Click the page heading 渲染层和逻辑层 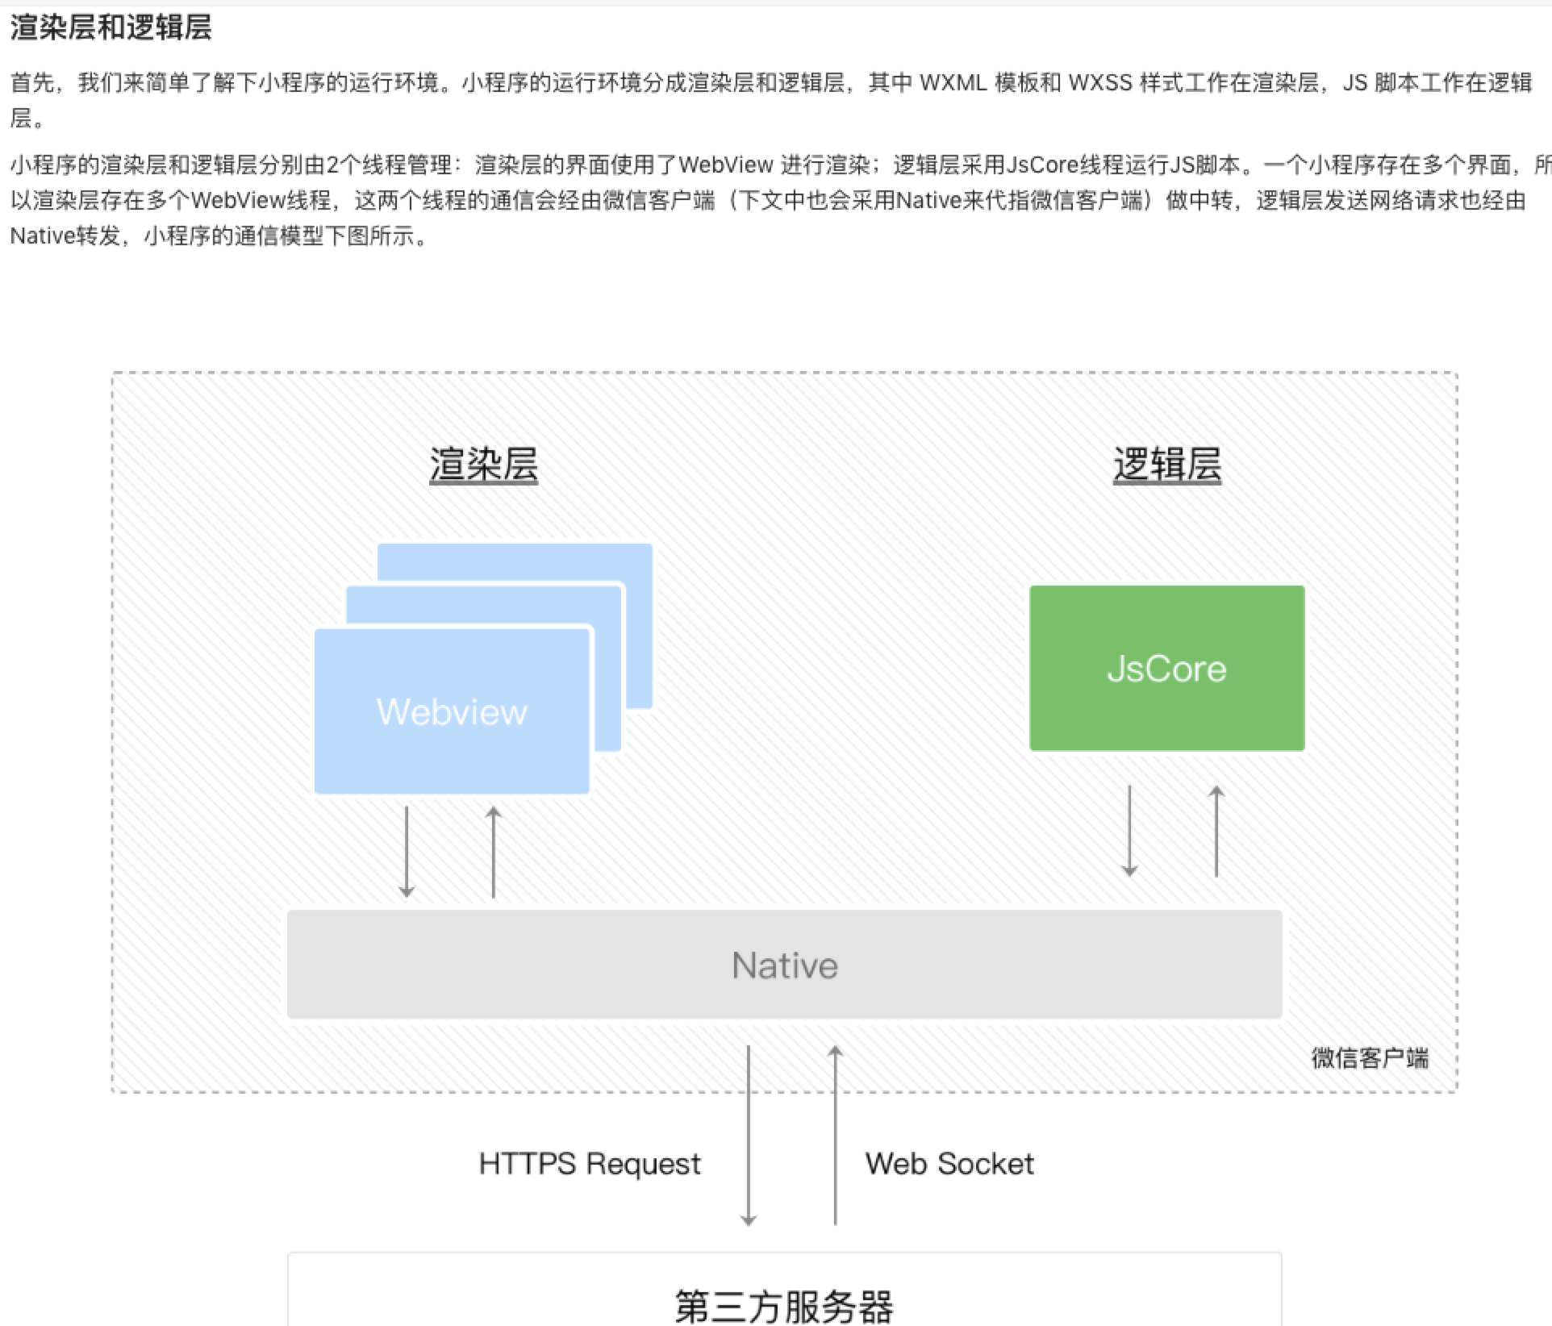(111, 27)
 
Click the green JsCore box (1166, 668)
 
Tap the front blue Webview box (452, 711)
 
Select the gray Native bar (784, 965)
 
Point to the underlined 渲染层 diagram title (483, 465)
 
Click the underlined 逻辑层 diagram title (1166, 465)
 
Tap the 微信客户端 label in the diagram (1370, 1057)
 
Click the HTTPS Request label (590, 1163)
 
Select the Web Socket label (949, 1163)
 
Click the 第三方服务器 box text (784, 1305)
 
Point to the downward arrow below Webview (407, 852)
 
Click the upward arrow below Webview (494, 852)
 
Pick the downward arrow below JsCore (1129, 831)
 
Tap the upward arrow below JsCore (1216, 831)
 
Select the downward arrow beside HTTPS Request (749, 1136)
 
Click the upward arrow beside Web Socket (836, 1136)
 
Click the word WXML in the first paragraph (953, 83)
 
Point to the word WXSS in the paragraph (1100, 83)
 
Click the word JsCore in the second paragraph (1042, 165)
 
